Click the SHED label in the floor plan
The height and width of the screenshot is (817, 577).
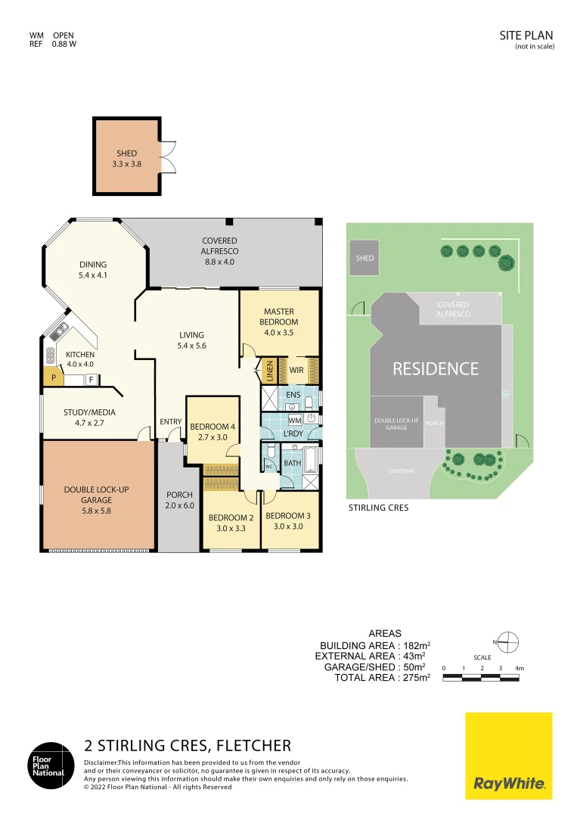(x=126, y=158)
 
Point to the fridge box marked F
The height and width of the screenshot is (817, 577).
(x=91, y=379)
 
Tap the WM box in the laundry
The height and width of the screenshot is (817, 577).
(x=294, y=420)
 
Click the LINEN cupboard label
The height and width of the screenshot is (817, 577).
(x=269, y=371)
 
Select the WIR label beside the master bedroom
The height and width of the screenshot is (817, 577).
(x=296, y=371)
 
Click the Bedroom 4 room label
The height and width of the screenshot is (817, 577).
(x=212, y=431)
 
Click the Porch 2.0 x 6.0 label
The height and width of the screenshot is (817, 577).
(x=179, y=500)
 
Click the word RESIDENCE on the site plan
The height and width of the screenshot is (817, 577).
(x=435, y=368)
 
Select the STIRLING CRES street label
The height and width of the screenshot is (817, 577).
(x=378, y=508)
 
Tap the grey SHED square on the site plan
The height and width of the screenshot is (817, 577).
(x=365, y=258)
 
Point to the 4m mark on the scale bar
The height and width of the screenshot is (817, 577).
(x=519, y=669)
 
